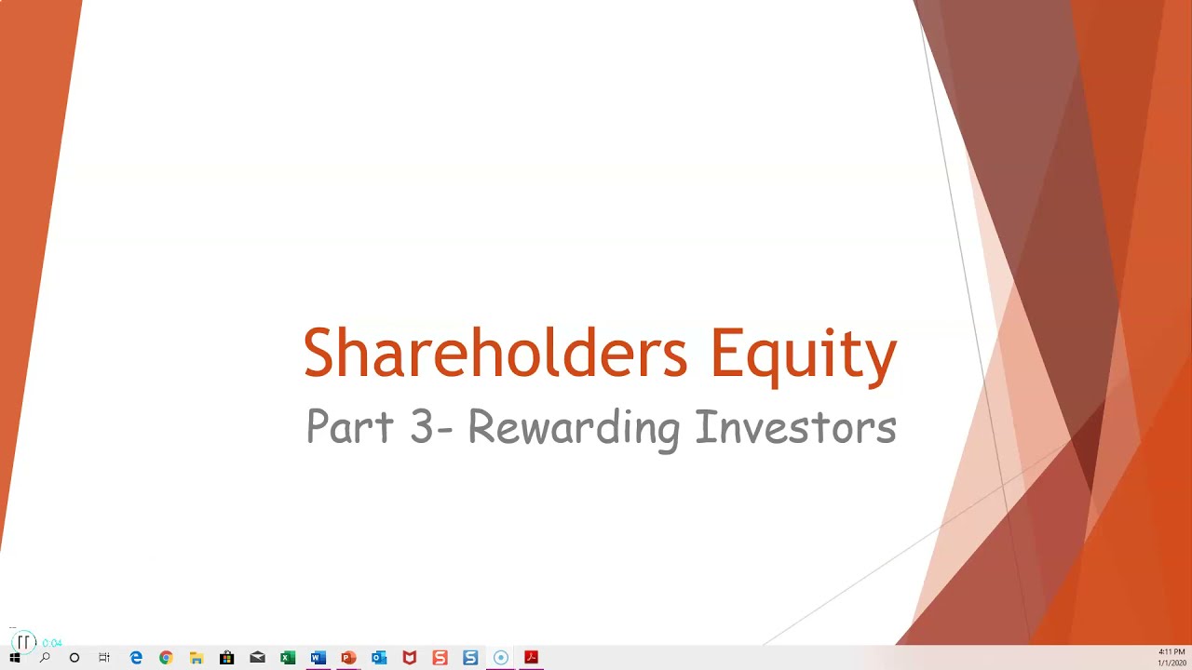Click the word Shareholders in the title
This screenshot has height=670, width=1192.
[494, 354]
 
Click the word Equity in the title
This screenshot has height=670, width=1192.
[803, 354]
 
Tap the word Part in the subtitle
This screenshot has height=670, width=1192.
[349, 427]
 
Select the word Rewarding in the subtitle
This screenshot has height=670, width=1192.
[574, 427]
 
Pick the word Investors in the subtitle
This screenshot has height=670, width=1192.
[795, 427]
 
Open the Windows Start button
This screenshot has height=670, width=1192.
[14, 658]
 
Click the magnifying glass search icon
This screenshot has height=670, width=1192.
[45, 658]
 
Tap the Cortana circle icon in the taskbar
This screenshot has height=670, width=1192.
[74, 658]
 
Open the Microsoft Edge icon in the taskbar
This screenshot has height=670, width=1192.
[136, 658]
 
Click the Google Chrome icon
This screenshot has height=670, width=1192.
[166, 658]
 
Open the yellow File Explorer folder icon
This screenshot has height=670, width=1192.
[196, 658]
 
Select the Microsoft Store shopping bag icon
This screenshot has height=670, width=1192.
[226, 658]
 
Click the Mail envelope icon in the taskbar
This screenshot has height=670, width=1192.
[257, 658]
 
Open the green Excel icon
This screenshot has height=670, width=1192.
[288, 658]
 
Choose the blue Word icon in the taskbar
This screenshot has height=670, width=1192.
[318, 658]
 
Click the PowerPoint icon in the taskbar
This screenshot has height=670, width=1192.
[348, 658]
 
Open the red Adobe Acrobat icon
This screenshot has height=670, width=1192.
[531, 658]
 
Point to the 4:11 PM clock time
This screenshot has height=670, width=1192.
[1172, 652]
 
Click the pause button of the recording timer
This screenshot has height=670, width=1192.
[24, 642]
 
